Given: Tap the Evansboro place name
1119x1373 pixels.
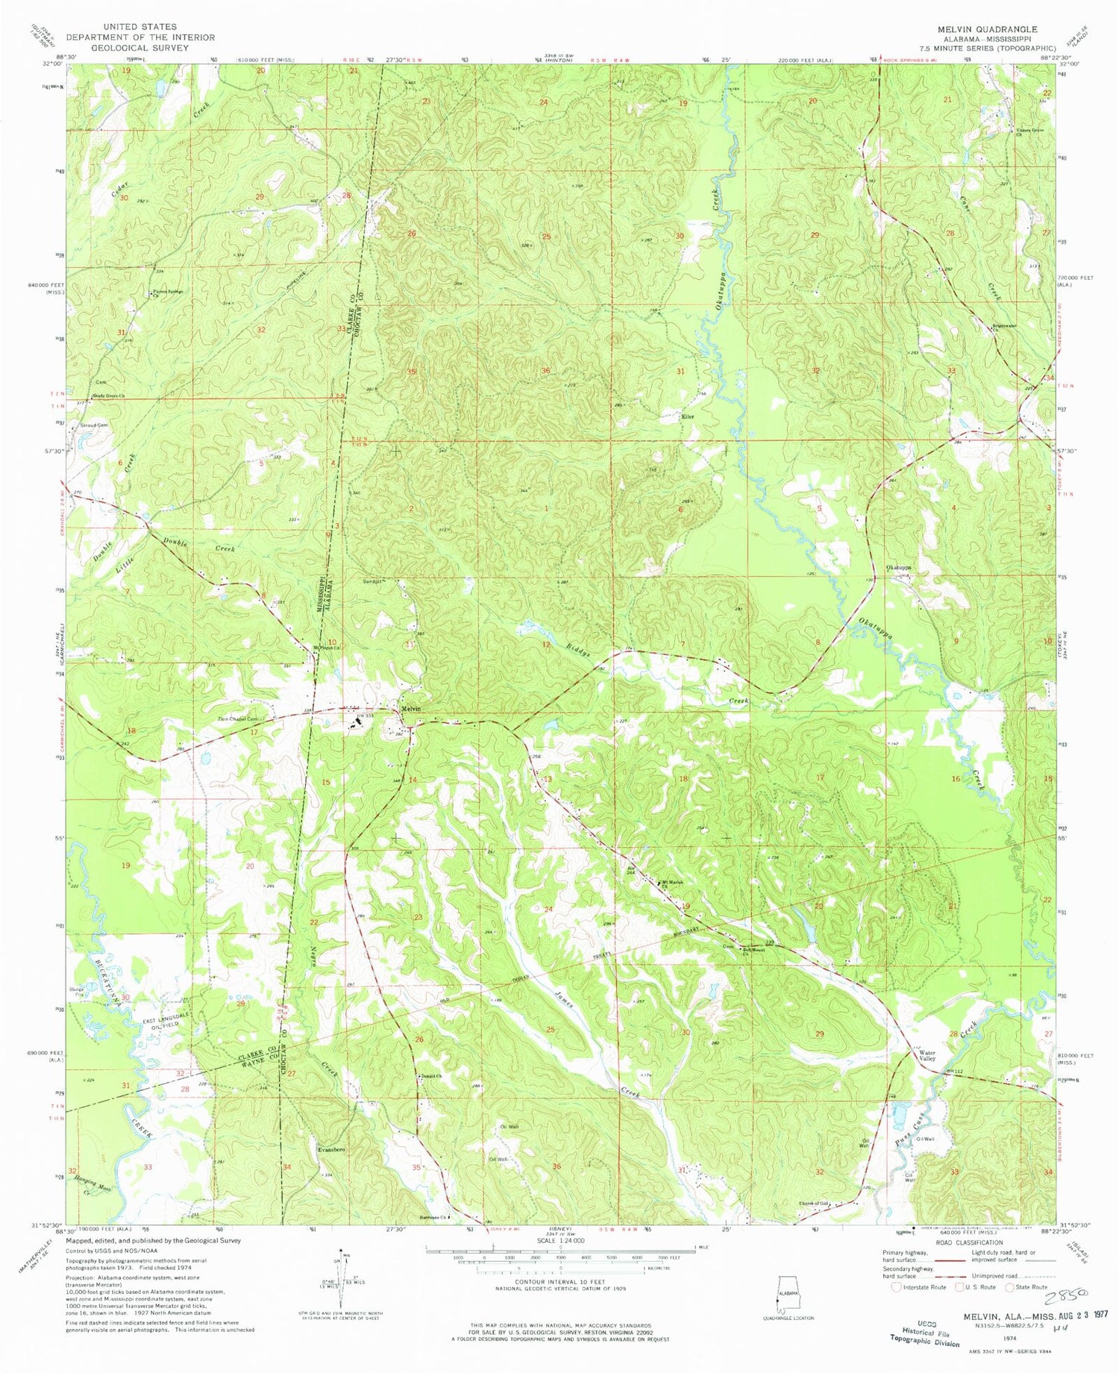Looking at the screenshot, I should pos(331,1150).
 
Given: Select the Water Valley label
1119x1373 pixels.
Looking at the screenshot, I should pos(927,1056).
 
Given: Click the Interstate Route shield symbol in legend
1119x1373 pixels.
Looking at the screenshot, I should pos(896,1286).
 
